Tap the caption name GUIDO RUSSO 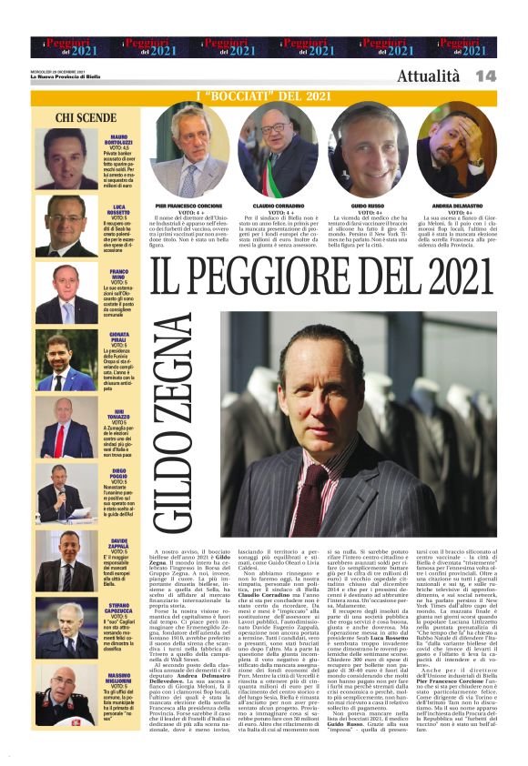pos(368,207)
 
